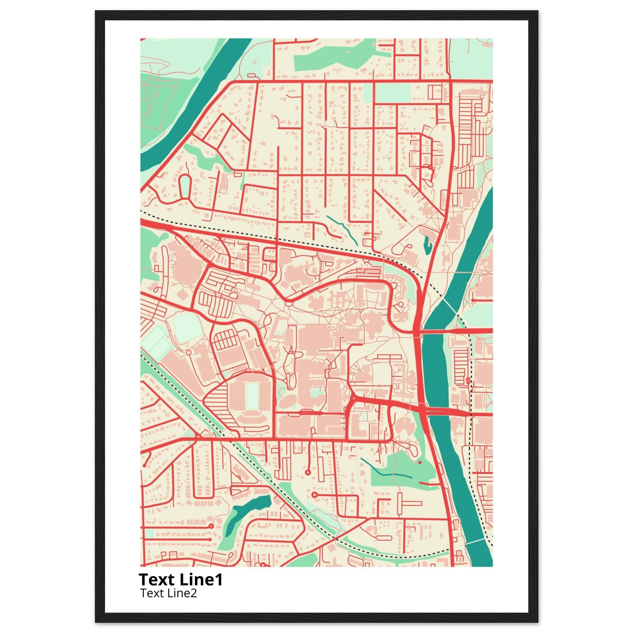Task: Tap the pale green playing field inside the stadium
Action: click(x=251, y=396)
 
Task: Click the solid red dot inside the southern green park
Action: click(x=419, y=462)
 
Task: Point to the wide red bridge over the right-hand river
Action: click(x=449, y=411)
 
